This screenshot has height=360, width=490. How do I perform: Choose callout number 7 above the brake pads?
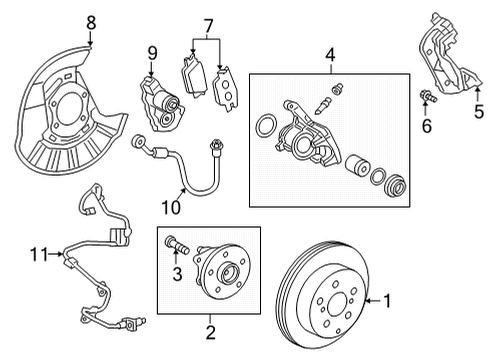click(208, 24)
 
